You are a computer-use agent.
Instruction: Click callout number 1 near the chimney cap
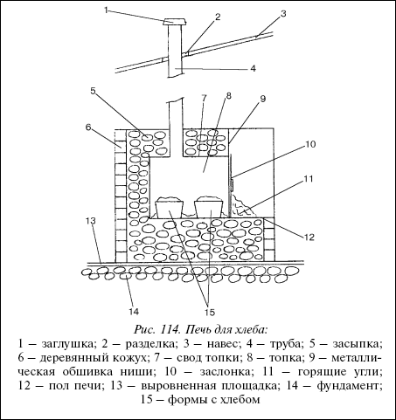click(107, 10)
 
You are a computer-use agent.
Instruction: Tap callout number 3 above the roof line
click(283, 14)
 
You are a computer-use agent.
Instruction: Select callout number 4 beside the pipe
click(253, 68)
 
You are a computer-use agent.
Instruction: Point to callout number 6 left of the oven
click(88, 127)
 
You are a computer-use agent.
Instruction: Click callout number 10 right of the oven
click(310, 144)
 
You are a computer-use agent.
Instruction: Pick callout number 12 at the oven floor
click(309, 238)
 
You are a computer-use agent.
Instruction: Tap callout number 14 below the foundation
click(134, 312)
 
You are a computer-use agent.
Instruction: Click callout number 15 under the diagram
click(209, 313)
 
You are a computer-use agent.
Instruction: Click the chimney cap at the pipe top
click(175, 22)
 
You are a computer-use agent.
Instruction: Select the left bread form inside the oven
click(170, 207)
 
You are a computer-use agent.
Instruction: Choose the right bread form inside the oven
click(209, 207)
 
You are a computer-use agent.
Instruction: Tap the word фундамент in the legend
click(350, 387)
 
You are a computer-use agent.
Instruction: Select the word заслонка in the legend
click(225, 372)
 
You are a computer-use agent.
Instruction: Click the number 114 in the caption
click(169, 330)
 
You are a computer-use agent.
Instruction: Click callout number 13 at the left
click(90, 220)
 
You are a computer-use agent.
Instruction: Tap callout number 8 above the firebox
click(228, 95)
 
